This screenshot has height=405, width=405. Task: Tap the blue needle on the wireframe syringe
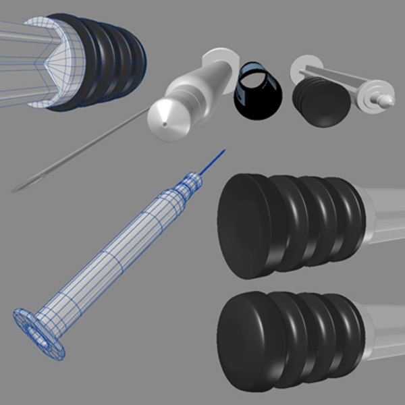[x=212, y=161]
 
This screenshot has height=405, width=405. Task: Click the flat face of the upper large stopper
[x=246, y=225]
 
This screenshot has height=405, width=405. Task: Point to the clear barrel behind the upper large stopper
[x=385, y=213]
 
